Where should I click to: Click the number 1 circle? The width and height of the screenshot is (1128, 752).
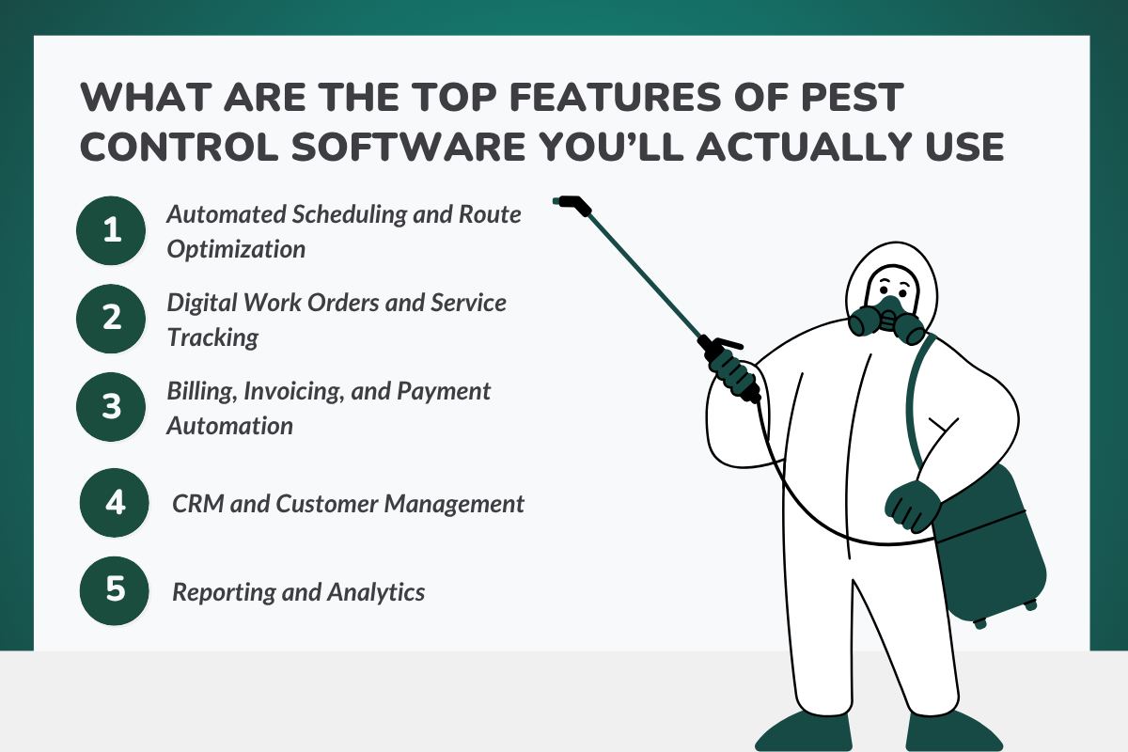112,230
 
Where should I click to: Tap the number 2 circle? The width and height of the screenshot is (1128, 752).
112,318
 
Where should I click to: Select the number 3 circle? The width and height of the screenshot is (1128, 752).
112,407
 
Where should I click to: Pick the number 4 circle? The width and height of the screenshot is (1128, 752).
116,503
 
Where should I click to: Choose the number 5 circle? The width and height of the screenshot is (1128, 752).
116,590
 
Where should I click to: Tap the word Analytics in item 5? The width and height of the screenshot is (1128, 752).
375,592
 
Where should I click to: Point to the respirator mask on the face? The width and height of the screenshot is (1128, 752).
885,319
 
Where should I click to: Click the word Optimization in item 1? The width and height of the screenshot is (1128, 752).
236,249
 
